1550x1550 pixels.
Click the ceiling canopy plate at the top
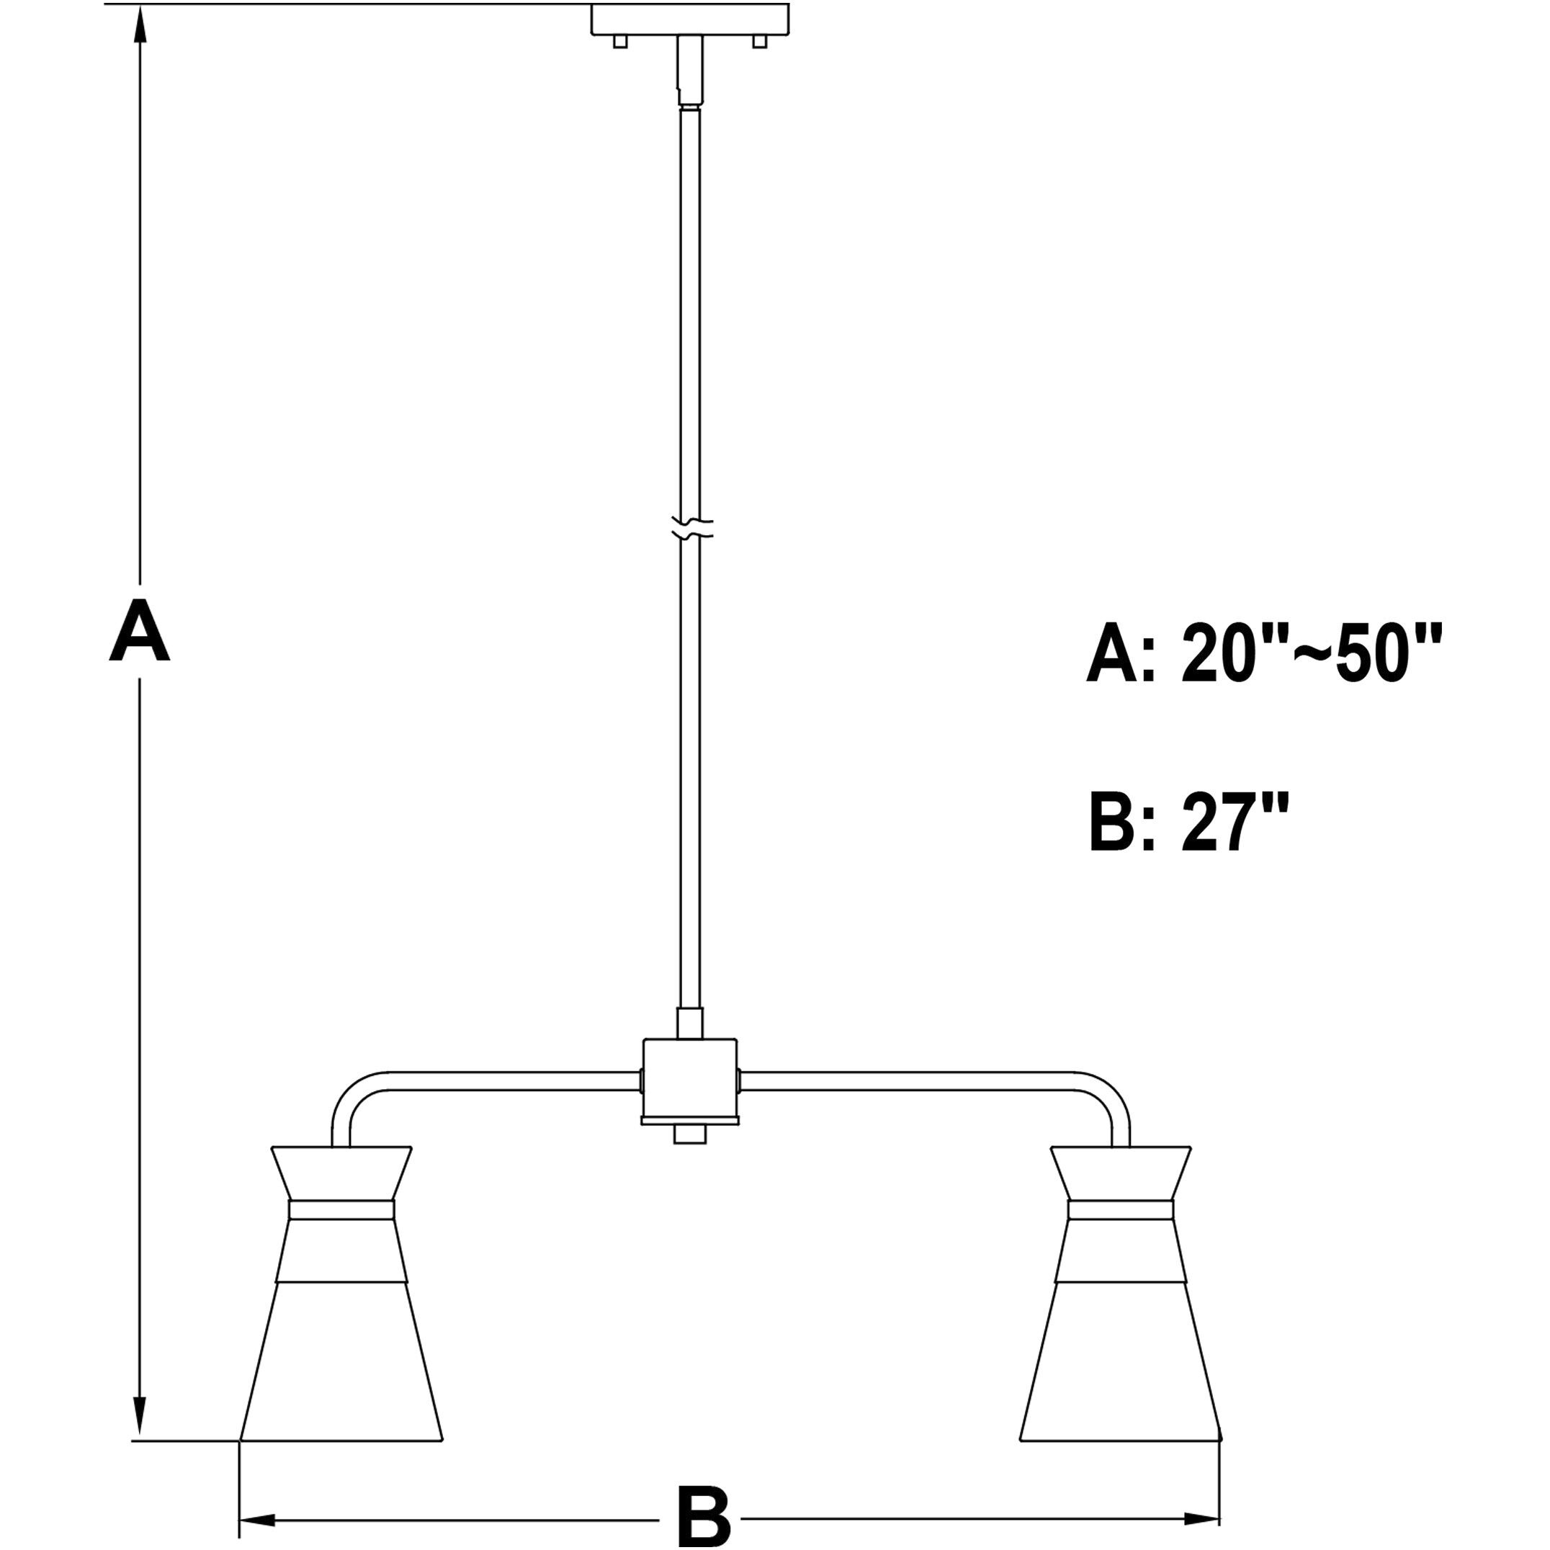pyautogui.click(x=689, y=19)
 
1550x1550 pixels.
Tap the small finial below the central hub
pyautogui.click(x=690, y=1134)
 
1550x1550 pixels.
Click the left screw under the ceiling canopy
pyautogui.click(x=619, y=41)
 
